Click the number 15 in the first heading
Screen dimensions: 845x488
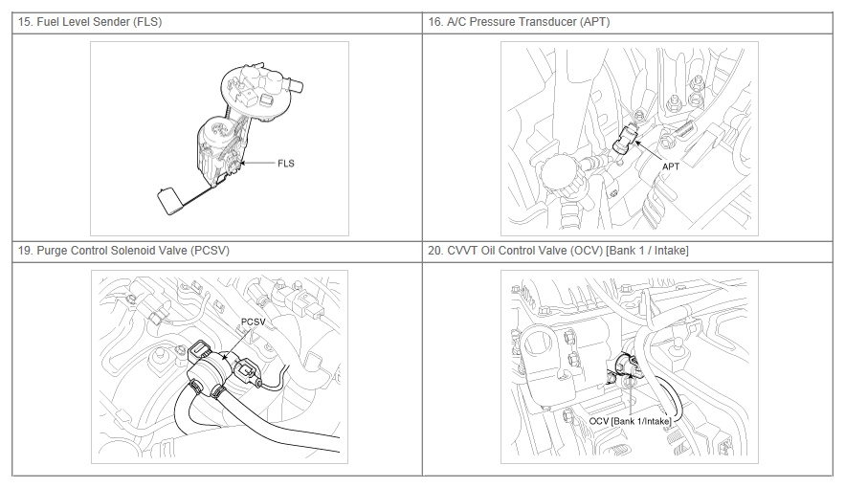24,22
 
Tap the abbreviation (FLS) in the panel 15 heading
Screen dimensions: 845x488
147,22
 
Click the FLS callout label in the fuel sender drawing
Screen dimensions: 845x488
286,164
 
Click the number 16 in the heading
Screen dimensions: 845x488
434,22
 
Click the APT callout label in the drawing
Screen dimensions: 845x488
671,166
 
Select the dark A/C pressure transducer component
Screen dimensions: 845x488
625,139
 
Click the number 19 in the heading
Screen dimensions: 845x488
24,251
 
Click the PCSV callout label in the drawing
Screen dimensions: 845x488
253,322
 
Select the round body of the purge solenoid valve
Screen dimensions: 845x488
209,371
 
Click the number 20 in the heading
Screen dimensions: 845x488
434,251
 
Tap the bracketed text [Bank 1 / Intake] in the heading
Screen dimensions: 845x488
647,251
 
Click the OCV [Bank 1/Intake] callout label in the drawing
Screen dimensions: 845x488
630,421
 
